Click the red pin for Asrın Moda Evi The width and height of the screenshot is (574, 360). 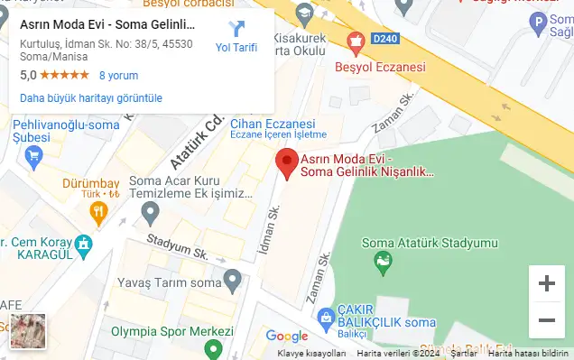point(286,162)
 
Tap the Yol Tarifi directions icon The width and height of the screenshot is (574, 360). point(236,29)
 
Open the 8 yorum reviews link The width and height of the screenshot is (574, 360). point(118,76)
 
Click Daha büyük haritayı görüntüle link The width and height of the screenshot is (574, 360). point(90,97)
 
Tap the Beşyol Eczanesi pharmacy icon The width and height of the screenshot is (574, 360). point(356,41)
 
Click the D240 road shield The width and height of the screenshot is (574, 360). point(384,38)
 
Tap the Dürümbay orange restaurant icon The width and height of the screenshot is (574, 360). point(98,212)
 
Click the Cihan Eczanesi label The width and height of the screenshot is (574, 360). point(272,124)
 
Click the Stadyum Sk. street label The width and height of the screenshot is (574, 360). point(174,245)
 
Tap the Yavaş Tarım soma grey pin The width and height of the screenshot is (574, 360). point(233,282)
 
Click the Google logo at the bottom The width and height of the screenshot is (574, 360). point(287,337)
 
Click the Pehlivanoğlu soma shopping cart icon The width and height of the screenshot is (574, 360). point(34,155)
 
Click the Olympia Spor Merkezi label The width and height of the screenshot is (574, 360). point(171,331)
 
